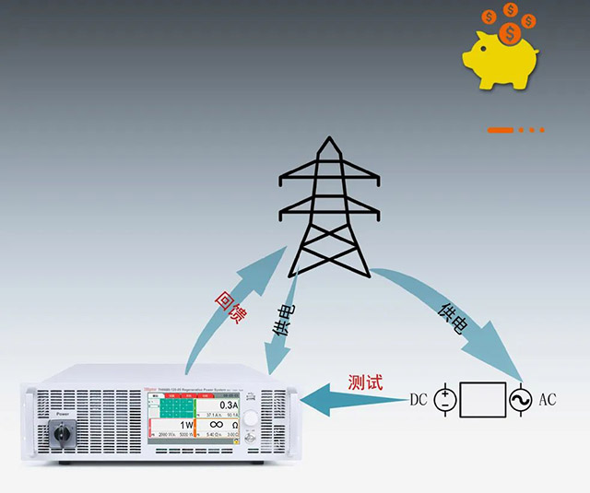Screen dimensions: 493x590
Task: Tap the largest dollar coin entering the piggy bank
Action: click(x=508, y=33)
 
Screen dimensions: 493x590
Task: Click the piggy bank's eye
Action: click(x=484, y=49)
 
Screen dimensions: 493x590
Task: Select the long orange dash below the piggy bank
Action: click(x=500, y=130)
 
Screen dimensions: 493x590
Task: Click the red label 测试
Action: click(x=365, y=381)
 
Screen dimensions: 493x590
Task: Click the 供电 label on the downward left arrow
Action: click(x=283, y=318)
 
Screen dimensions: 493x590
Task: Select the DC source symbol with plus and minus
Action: click(x=445, y=400)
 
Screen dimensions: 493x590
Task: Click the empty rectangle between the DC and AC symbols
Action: click(x=483, y=400)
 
